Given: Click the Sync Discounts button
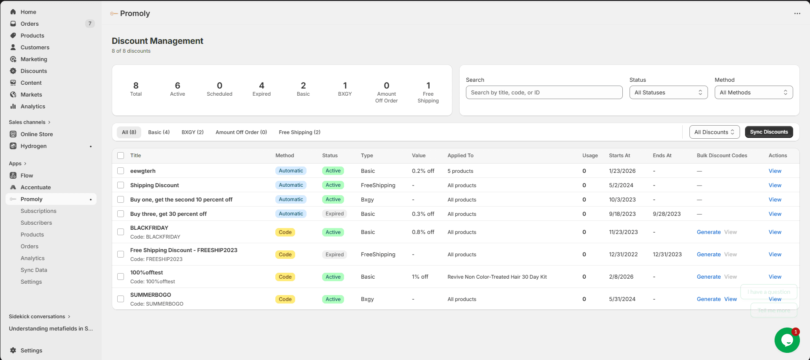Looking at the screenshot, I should (x=769, y=132).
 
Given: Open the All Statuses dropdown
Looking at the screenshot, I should (x=668, y=93).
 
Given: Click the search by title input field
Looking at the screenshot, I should (x=544, y=93).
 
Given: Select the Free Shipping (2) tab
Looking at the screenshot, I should (x=299, y=132).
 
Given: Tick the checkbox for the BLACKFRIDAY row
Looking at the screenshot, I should (x=121, y=232).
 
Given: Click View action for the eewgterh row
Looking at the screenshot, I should (x=775, y=171).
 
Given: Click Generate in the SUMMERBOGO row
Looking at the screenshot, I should (x=708, y=299).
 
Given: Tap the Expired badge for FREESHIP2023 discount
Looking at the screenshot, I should (x=334, y=255).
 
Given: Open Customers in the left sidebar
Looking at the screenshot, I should (x=35, y=48).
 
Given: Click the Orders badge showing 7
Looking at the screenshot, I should (x=90, y=24).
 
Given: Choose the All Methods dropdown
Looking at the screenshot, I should (x=753, y=93).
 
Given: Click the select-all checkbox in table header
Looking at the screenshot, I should (x=121, y=156).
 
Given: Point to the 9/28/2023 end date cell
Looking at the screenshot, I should (x=667, y=214).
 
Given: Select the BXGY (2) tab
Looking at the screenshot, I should (x=192, y=132).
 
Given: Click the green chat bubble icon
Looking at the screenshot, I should (x=787, y=340).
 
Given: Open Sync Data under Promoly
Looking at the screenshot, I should (x=34, y=270).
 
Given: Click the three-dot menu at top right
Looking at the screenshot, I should (x=797, y=13).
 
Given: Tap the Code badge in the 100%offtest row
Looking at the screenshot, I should (x=285, y=277).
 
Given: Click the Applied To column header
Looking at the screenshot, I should (x=460, y=156).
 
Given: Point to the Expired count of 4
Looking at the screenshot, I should (x=261, y=86).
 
